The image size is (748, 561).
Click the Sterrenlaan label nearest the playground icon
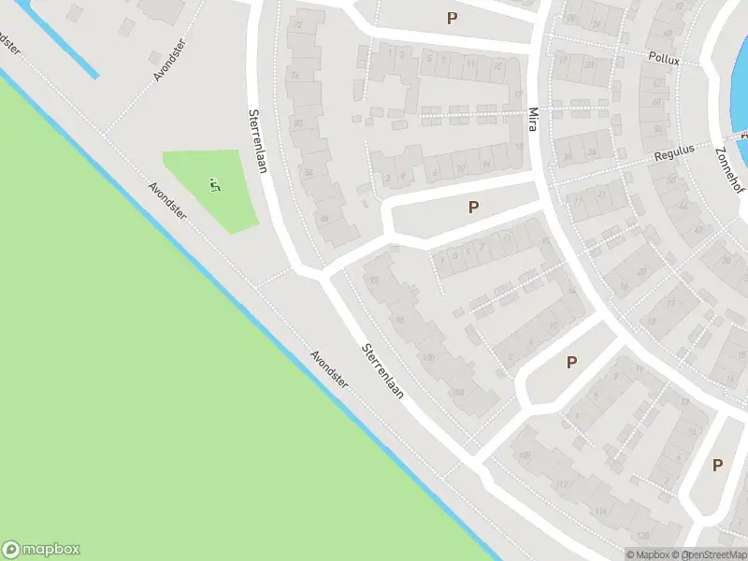254,141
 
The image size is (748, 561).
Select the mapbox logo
41,550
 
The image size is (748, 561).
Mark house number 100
429,358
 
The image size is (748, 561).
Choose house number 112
561,484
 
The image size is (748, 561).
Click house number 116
598,511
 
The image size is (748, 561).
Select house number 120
643,536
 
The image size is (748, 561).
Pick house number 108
525,455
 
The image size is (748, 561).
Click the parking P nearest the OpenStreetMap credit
718,465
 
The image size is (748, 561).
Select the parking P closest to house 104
571,362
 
